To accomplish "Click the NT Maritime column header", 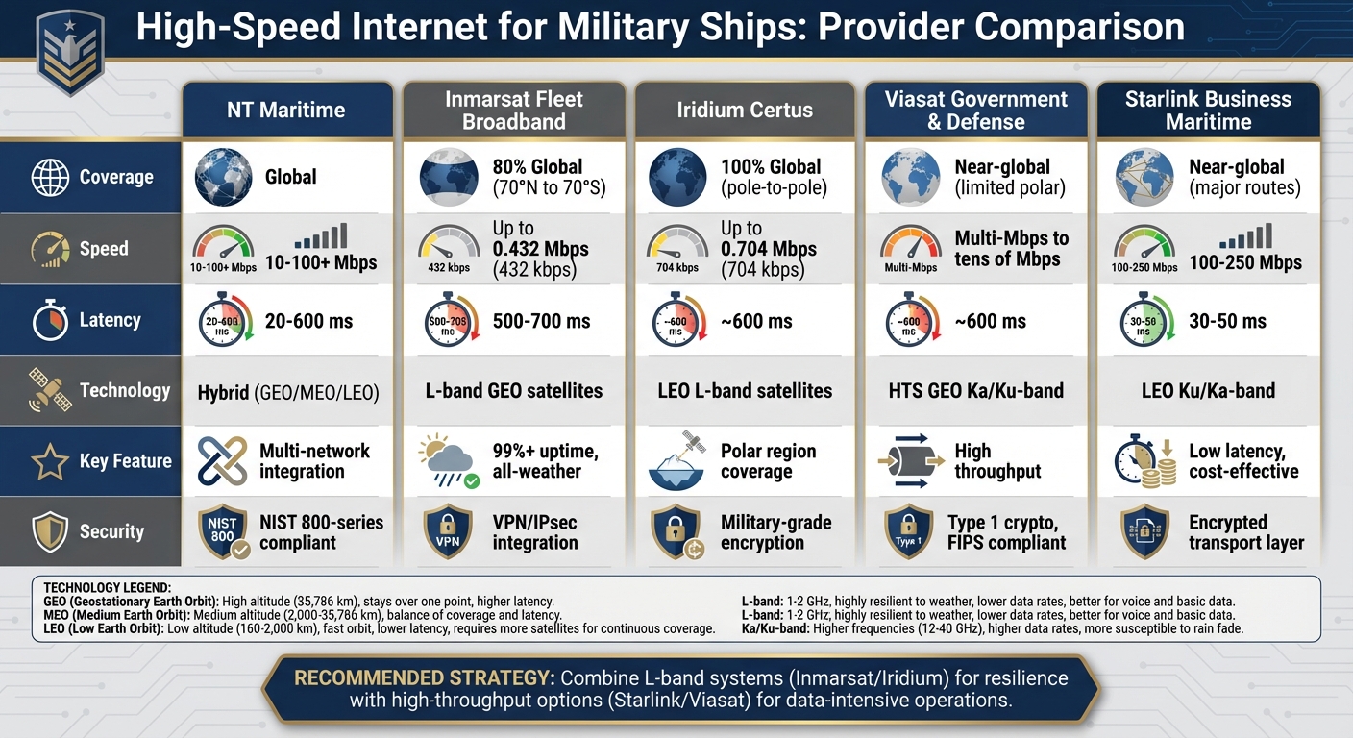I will coord(286,110).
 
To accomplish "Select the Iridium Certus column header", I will coord(744,110).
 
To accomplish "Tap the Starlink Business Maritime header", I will coord(1208,110).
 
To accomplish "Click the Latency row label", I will coord(109,320).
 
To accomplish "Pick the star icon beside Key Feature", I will coord(50,462).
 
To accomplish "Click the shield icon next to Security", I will coord(50,531).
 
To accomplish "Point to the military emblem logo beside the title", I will coord(68,53).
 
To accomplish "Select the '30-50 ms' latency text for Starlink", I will coord(1227,321).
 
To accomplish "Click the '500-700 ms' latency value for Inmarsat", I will coord(541,321).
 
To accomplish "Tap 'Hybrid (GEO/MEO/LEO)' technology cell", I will coord(288,391).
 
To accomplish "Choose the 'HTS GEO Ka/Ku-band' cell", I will coord(976,391).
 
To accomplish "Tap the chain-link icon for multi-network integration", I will coord(222,460).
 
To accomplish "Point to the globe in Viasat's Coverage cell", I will coord(910,177).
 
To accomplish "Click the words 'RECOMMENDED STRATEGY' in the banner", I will coord(423,677).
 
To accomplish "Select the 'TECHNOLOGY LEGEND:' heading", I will coord(107,586).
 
